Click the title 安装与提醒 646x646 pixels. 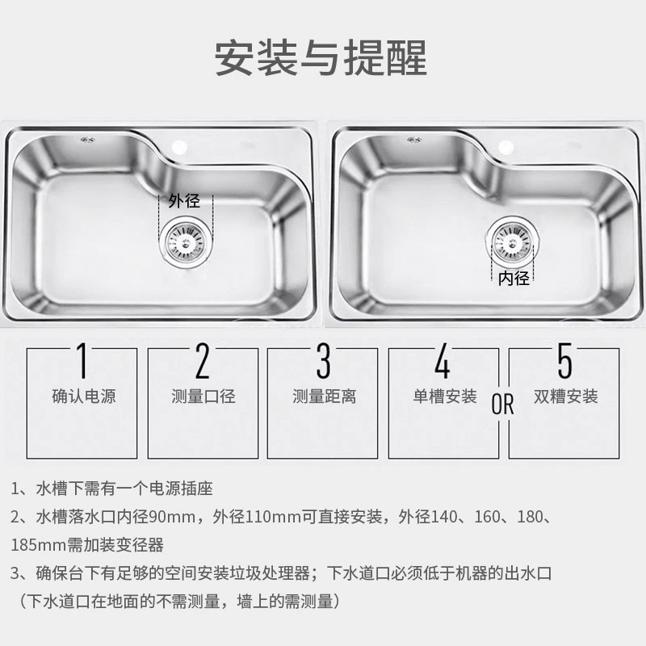(321, 58)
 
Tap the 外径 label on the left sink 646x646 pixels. (184, 201)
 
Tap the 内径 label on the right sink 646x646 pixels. (514, 279)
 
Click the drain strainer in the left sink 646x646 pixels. (186, 242)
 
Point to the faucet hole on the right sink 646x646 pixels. (506, 147)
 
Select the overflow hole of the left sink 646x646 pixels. (88, 140)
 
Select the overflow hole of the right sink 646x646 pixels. (414, 140)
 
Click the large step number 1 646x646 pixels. (83, 361)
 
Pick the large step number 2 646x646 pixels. (203, 361)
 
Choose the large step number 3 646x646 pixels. (324, 361)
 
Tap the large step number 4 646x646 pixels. (443, 361)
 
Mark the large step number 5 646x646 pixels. (564, 361)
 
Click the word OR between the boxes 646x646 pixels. (502, 404)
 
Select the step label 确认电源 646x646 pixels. (84, 396)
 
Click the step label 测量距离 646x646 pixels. (325, 396)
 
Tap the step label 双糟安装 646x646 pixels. (566, 396)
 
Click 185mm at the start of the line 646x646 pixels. (38, 545)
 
